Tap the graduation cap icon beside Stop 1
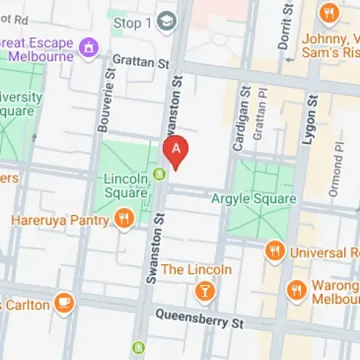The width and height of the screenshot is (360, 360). pos(167,22)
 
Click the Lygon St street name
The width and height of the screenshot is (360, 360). pos(308,120)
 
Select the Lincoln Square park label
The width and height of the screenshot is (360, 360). pos(126,184)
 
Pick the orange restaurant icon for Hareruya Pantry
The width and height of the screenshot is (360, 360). pos(125,219)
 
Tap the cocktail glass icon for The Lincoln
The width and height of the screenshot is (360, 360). pos(205,291)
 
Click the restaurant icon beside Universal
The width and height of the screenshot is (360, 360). pos(274,251)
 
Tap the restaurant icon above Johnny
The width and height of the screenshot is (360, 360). pos(330,12)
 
